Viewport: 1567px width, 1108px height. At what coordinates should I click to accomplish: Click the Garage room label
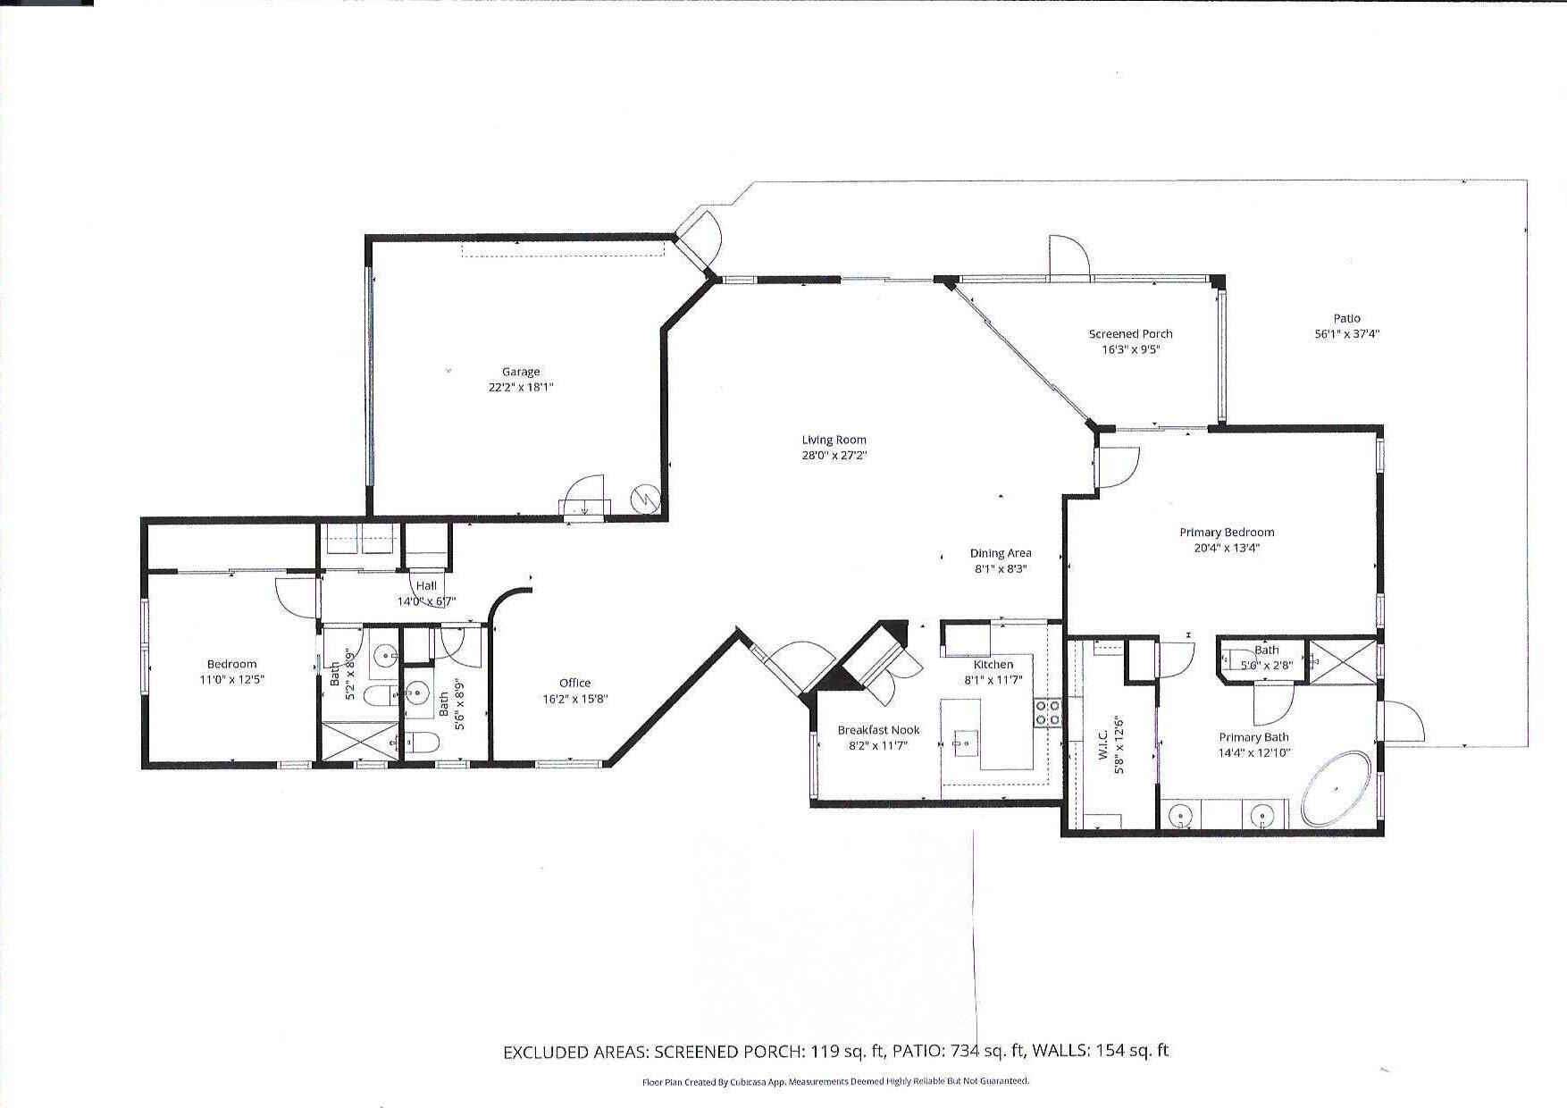(521, 372)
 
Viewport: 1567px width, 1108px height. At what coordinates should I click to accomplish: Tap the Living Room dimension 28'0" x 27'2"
(834, 455)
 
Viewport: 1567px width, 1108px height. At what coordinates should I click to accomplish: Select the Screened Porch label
(1130, 334)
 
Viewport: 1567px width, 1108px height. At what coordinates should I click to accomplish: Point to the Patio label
(1346, 318)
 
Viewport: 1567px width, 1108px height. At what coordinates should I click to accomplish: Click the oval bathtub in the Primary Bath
(1336, 789)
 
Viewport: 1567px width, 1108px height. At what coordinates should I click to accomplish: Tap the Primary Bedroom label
(1227, 533)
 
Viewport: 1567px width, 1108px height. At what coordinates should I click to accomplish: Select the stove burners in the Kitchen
(1047, 712)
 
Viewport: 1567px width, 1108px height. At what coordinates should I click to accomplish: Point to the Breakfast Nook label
(878, 730)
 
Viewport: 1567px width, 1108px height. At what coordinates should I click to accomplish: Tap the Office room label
(574, 683)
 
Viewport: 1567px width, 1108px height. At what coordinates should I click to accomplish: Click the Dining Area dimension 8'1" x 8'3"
(1001, 568)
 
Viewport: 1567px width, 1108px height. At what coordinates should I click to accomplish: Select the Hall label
(426, 585)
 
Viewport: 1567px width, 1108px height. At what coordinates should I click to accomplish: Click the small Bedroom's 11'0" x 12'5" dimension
(231, 679)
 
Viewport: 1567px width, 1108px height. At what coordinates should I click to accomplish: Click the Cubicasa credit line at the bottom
(835, 1081)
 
